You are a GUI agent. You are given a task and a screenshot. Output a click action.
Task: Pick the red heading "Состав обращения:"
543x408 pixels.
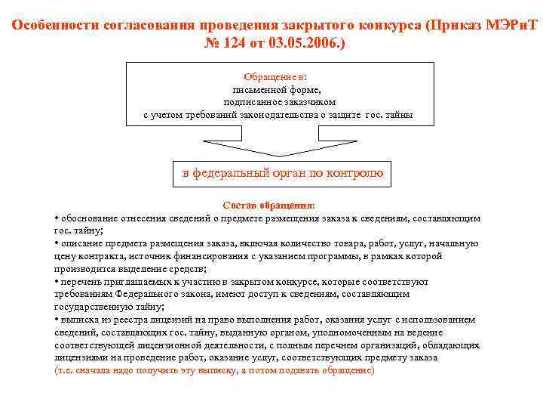(269, 205)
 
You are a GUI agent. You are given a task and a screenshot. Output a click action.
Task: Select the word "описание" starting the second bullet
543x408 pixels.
(78, 243)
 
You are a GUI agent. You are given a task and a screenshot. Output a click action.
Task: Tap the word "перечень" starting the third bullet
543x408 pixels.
(80, 282)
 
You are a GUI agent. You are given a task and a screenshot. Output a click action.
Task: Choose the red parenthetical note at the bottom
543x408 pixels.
(214, 371)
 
